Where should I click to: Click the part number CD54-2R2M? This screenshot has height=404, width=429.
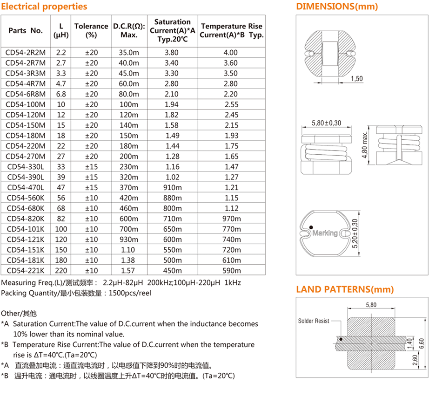(x=26, y=53)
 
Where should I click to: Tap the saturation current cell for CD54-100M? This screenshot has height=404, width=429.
(x=172, y=104)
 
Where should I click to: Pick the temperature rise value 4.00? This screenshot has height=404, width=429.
(x=231, y=53)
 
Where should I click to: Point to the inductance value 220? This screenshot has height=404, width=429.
(x=61, y=270)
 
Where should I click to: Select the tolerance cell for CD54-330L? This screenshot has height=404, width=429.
(x=91, y=167)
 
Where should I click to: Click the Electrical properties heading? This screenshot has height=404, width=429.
(x=44, y=7)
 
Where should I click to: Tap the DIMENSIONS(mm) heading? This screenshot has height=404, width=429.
(x=337, y=7)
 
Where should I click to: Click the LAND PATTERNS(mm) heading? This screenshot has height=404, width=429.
(x=345, y=289)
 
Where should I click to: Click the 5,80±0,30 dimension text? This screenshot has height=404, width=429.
(x=326, y=123)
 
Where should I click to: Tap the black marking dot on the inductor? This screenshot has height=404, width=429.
(x=310, y=227)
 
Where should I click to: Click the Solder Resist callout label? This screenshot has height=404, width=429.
(x=314, y=321)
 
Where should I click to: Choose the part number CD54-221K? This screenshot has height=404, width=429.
(x=26, y=270)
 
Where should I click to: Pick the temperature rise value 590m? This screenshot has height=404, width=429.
(x=231, y=270)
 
